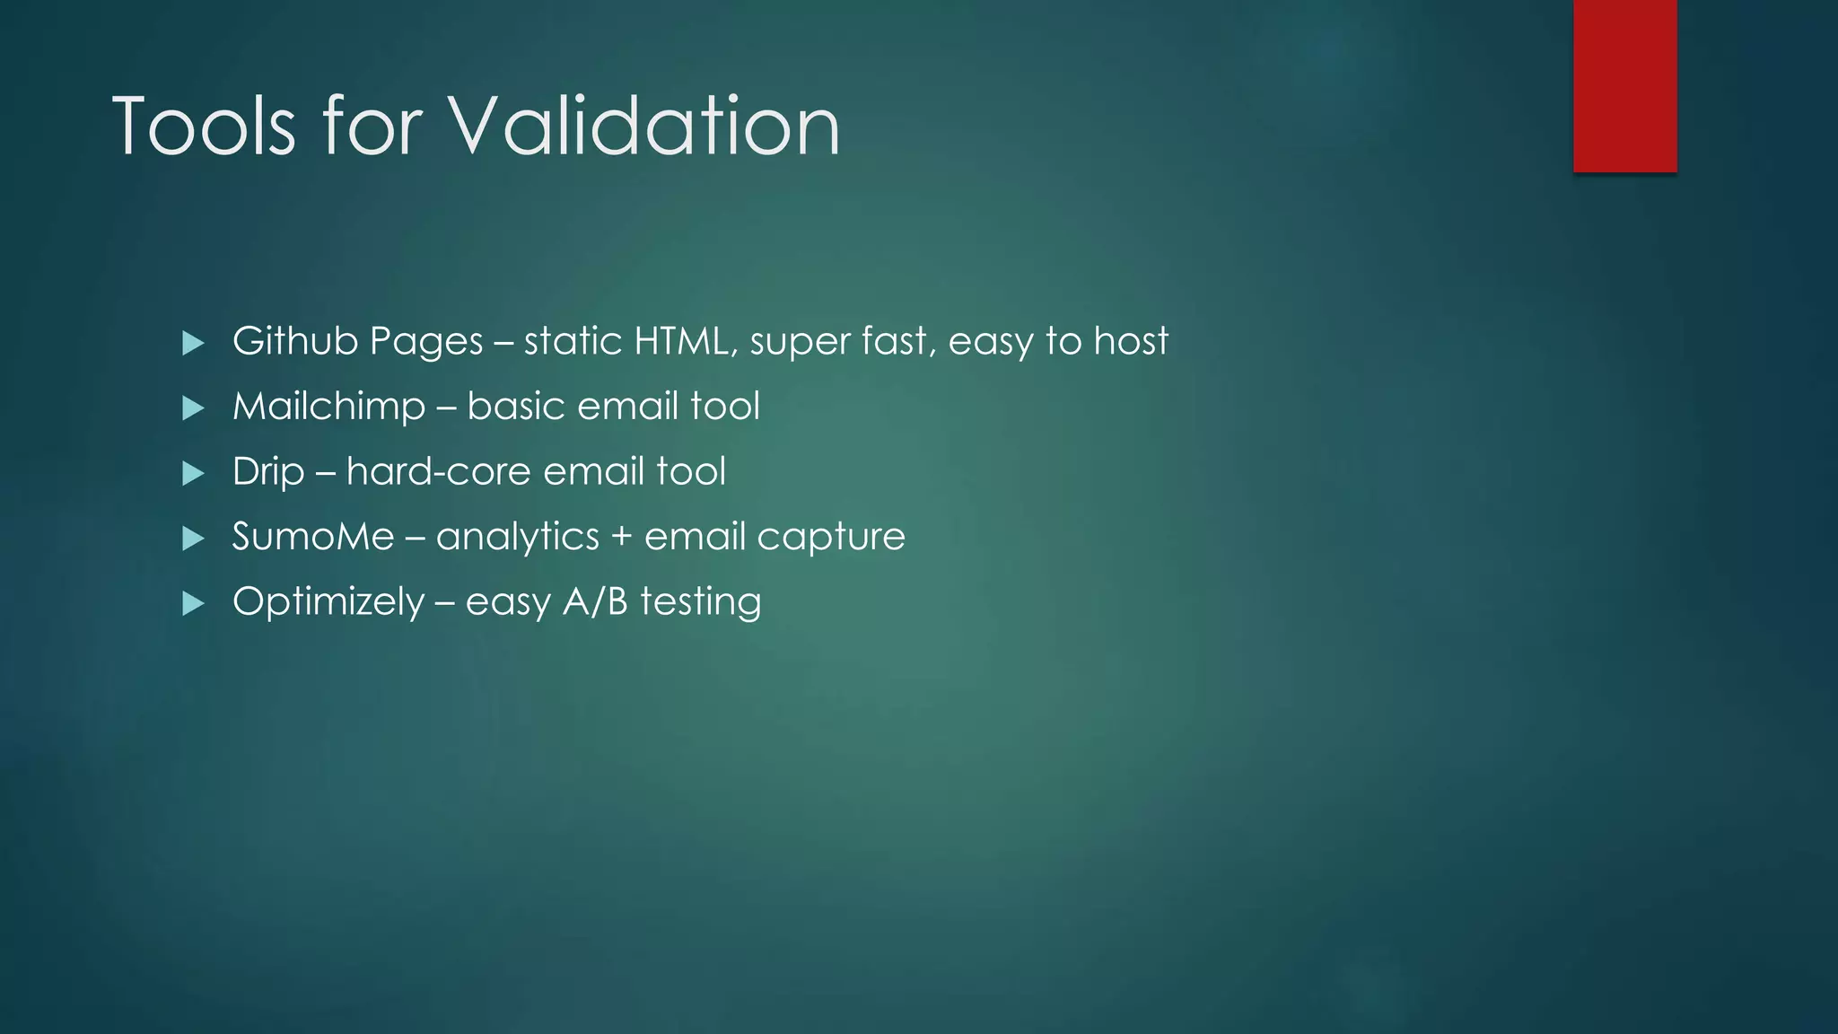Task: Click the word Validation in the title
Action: (x=644, y=127)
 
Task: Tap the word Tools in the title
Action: (x=204, y=127)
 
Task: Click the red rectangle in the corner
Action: (x=1624, y=85)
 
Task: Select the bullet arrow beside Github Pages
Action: (x=193, y=343)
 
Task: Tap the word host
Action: (x=1131, y=341)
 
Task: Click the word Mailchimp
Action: (x=328, y=407)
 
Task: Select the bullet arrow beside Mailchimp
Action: (x=193, y=408)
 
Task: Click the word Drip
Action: (x=267, y=472)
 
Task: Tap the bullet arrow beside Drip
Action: (x=193, y=473)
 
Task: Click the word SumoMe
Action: (x=313, y=537)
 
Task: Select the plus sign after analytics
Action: (x=621, y=538)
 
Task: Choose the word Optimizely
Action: (x=328, y=602)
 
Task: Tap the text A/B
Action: (x=595, y=601)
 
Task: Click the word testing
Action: (x=700, y=602)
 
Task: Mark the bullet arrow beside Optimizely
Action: (x=193, y=603)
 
